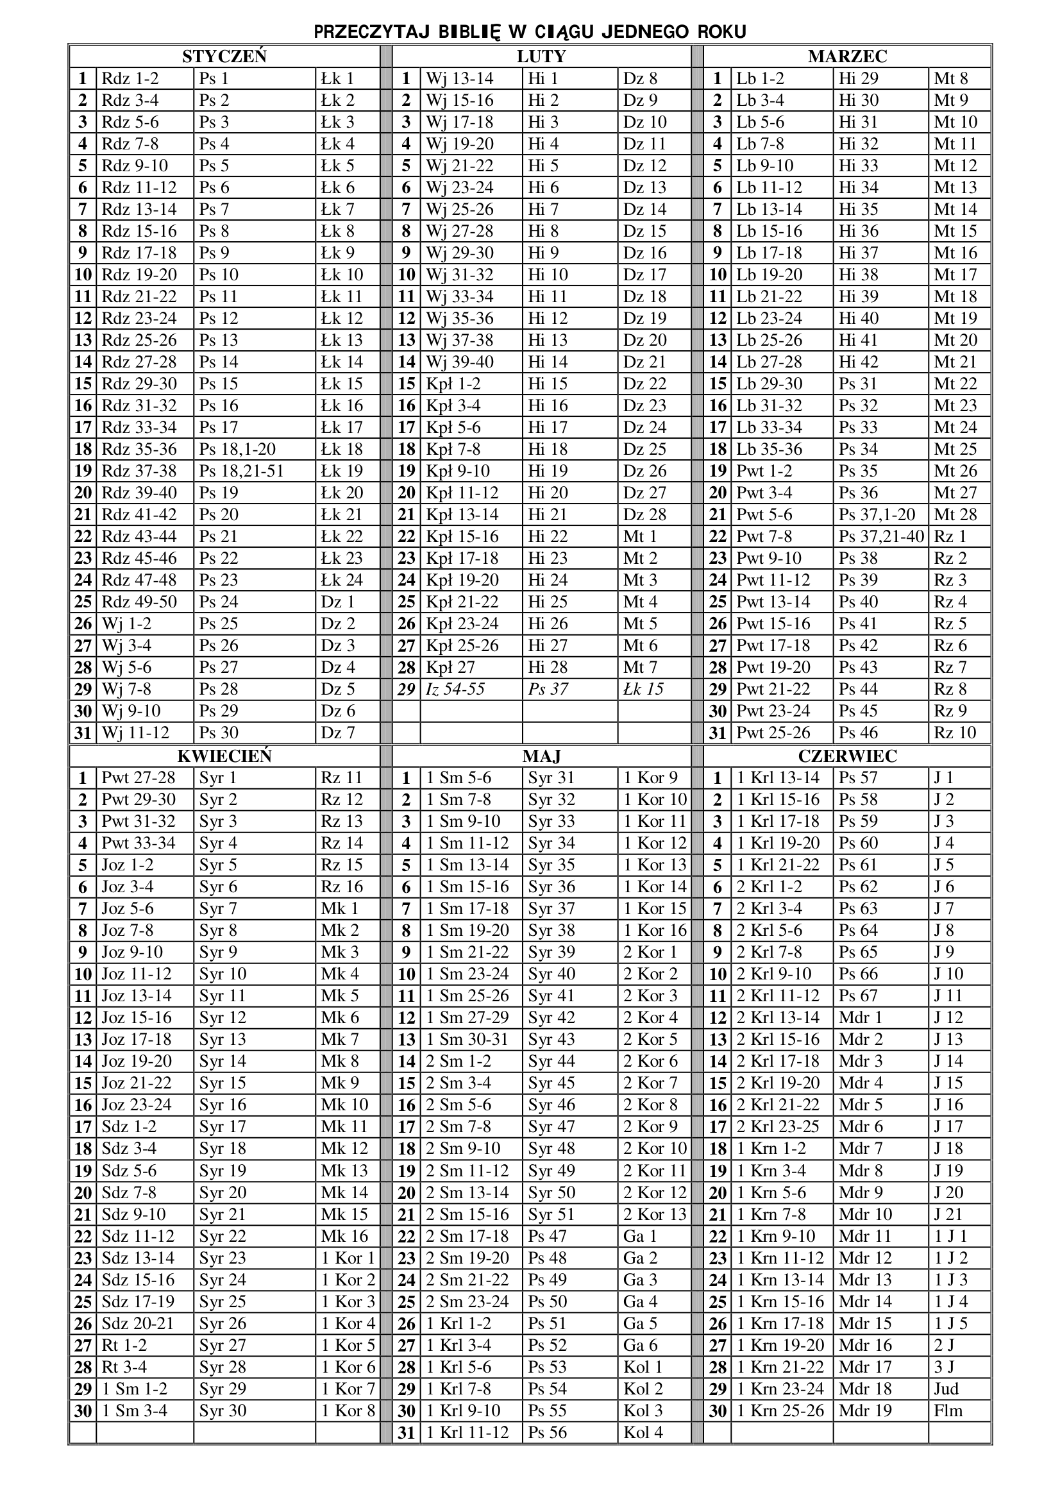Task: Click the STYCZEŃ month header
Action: click(x=224, y=56)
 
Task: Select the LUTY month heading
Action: click(x=541, y=56)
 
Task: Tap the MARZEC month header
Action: click(x=847, y=56)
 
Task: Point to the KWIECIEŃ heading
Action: click(x=224, y=756)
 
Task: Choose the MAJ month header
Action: click(x=541, y=756)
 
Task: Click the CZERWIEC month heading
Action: click(x=847, y=756)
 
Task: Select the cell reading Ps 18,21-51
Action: click(x=242, y=471)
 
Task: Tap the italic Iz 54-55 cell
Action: click(x=455, y=689)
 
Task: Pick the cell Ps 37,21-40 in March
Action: click(x=881, y=536)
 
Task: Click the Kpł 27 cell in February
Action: click(x=450, y=667)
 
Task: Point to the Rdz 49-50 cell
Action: click(x=139, y=601)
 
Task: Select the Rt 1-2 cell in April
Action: click(x=124, y=1345)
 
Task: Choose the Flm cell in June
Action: click(x=948, y=1410)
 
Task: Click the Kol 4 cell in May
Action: click(x=643, y=1432)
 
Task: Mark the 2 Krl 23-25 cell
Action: click(x=777, y=1126)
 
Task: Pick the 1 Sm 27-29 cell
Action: click(x=467, y=1017)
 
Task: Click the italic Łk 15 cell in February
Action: click(x=643, y=689)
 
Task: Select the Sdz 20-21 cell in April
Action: click(x=138, y=1323)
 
